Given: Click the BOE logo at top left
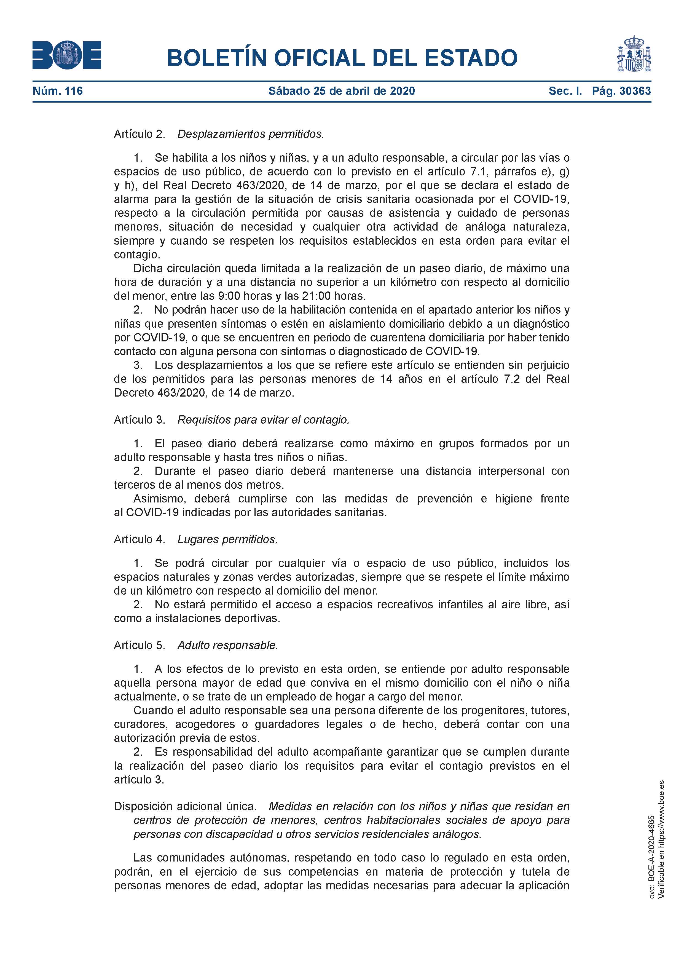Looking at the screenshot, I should coord(67,55).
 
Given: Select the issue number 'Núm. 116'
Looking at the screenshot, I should coord(58,91).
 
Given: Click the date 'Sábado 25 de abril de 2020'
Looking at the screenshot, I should coord(342,91).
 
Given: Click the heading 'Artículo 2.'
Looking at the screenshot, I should coord(139,134).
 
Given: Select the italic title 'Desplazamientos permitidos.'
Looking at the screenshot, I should coord(251,134).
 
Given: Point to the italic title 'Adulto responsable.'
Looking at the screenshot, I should coord(227,645).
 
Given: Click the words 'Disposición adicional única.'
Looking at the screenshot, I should coord(185,806).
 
